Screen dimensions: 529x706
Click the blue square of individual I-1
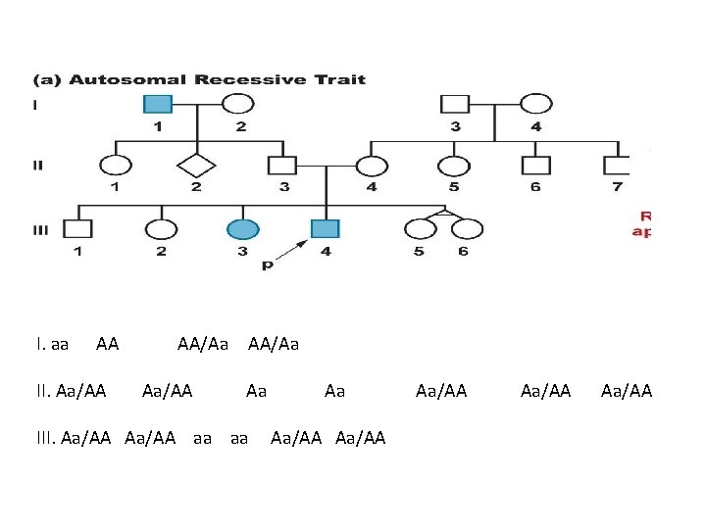click(x=157, y=103)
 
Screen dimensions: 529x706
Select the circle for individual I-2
click(x=238, y=103)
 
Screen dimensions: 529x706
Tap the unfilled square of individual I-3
click(x=454, y=103)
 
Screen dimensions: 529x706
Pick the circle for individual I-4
click(x=535, y=103)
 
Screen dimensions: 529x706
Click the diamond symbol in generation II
click(x=198, y=167)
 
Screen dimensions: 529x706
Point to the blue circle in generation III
click(x=242, y=229)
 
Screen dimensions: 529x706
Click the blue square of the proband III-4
click(x=325, y=229)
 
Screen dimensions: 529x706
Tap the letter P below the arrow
click(x=267, y=265)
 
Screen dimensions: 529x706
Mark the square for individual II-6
click(x=534, y=167)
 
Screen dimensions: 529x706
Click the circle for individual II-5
click(x=453, y=167)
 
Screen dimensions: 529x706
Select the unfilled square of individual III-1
click(x=77, y=229)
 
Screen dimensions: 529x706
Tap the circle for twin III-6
click(x=467, y=230)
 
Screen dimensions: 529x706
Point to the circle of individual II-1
click(x=116, y=167)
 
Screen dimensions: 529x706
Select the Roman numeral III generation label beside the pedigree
click(x=40, y=229)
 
